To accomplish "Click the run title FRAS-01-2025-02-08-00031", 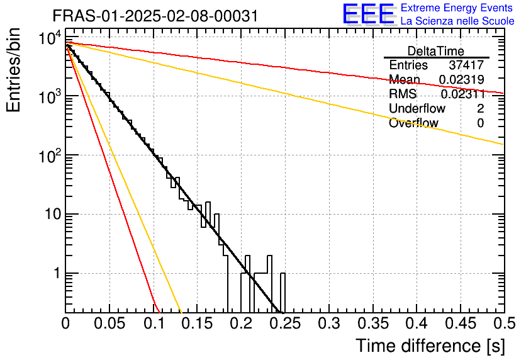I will pyautogui.click(x=155, y=16).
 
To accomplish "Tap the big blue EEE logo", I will pyautogui.click(x=367, y=15).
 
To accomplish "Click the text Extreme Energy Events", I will pyautogui.click(x=456, y=8).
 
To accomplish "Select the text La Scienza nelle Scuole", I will pyautogui.click(x=456, y=21).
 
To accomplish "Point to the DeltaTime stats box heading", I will pyautogui.click(x=436, y=51).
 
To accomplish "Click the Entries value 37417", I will pyautogui.click(x=466, y=65).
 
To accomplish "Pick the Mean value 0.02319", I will pyautogui.click(x=461, y=79).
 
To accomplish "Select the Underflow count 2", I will pyautogui.click(x=481, y=109).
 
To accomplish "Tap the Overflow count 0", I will pyautogui.click(x=481, y=123).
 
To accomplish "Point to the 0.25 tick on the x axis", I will pyautogui.click(x=241, y=324).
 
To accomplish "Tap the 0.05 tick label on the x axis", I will pyautogui.click(x=109, y=324).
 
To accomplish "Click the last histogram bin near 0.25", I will pyautogui.click(x=283, y=293).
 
